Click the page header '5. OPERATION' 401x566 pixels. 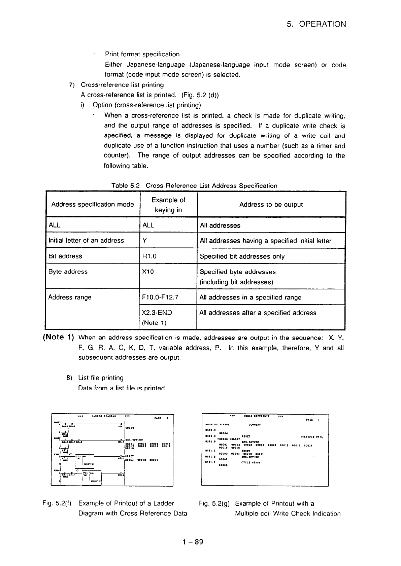click(316, 24)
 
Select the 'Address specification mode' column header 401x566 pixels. click(93, 205)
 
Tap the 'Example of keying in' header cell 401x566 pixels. click(168, 205)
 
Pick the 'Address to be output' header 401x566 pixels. click(271, 205)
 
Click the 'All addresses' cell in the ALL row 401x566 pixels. click(220, 225)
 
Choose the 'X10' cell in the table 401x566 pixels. click(148, 272)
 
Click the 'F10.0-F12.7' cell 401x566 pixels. click(160, 297)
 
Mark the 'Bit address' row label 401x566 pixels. click(65, 256)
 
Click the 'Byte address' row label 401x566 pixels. click(68, 272)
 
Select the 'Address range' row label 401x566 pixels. click(70, 297)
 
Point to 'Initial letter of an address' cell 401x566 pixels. click(86, 241)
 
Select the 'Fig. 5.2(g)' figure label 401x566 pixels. click(214, 504)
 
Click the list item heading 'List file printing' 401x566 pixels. click(101, 378)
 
